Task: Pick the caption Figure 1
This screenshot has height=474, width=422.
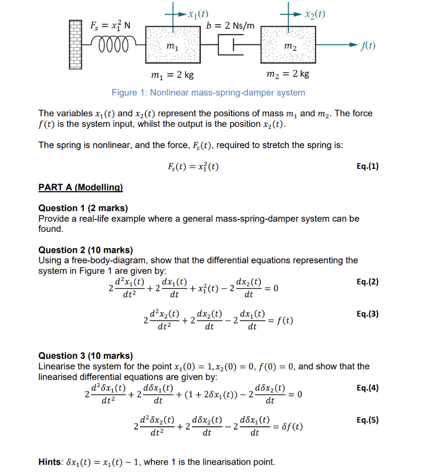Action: pos(208,93)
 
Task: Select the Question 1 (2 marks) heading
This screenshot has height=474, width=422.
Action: pos(83,208)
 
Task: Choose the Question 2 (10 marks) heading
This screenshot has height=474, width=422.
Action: pos(86,250)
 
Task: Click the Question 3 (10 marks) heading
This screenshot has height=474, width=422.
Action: pos(86,355)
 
